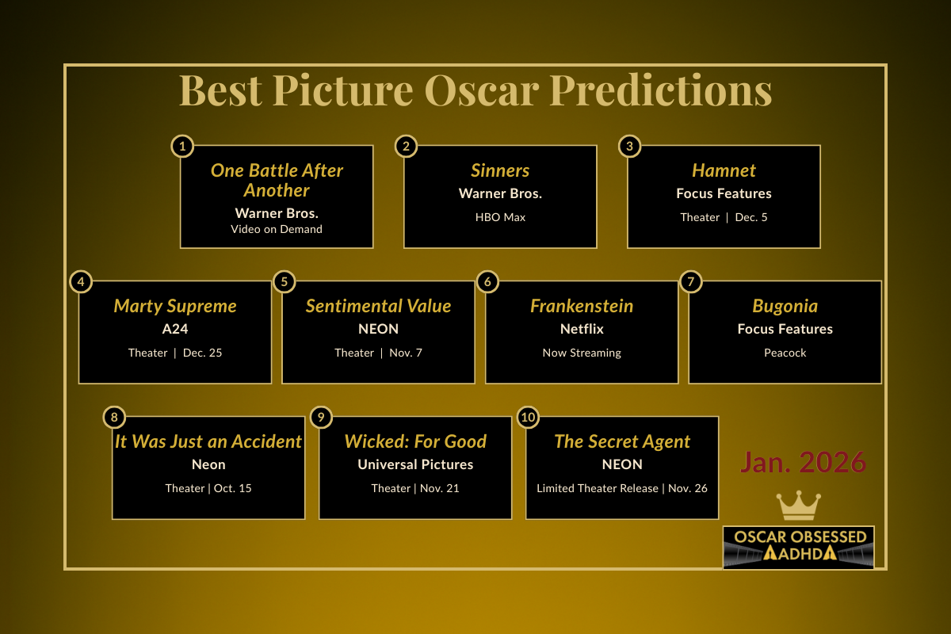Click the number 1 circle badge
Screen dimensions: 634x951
[182, 146]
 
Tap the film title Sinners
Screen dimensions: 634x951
[500, 170]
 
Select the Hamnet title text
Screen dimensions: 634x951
[724, 170]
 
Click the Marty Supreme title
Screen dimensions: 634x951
[175, 306]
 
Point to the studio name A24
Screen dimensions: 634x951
[175, 329]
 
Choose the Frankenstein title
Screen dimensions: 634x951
[582, 306]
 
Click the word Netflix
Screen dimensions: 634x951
[582, 329]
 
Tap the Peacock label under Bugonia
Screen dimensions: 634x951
[785, 353]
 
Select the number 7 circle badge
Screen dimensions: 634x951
[691, 281]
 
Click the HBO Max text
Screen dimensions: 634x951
[500, 217]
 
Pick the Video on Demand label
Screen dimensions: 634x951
[277, 229]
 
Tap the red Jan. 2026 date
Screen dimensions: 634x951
[804, 463]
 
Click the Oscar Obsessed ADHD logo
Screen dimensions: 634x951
[799, 547]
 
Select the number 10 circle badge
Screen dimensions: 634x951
[528, 417]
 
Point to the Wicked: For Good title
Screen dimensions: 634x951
[415, 441]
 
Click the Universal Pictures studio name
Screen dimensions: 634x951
[415, 464]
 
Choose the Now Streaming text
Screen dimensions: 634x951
[582, 353]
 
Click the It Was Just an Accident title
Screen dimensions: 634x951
[208, 441]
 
